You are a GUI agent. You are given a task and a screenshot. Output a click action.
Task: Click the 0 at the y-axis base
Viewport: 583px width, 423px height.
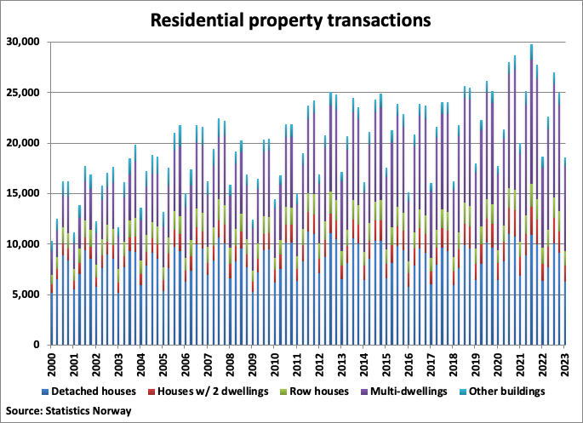[x=37, y=346]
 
